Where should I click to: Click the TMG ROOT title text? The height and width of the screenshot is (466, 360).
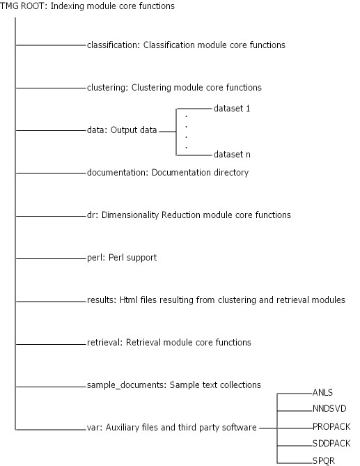(x=87, y=6)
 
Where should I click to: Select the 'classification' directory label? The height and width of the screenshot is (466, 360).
(x=112, y=45)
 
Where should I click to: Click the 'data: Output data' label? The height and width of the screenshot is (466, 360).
(x=122, y=130)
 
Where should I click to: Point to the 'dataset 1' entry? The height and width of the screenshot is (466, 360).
(x=232, y=109)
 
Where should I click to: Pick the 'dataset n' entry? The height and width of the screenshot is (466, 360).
(x=232, y=155)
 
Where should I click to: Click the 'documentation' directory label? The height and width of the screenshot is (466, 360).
(x=116, y=173)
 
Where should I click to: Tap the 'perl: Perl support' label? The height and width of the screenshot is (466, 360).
(x=122, y=258)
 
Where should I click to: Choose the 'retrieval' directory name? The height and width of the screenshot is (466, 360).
(x=104, y=343)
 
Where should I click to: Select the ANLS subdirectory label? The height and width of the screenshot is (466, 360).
(x=322, y=393)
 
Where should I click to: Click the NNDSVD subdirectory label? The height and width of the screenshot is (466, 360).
(x=329, y=409)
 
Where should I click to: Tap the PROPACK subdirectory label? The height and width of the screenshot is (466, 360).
(x=331, y=427)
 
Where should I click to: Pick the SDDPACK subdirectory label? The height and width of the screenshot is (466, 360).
(x=331, y=444)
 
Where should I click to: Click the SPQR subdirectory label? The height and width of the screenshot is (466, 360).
(x=324, y=460)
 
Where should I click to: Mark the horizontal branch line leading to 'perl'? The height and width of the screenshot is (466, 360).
(x=51, y=258)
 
